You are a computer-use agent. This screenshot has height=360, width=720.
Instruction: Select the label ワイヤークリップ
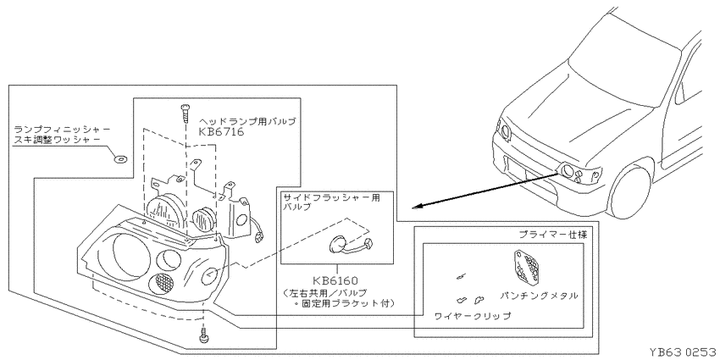[x=473, y=315]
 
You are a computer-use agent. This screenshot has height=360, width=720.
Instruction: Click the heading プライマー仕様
[x=552, y=234]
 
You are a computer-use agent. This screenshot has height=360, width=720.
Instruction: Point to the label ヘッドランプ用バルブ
[x=247, y=122]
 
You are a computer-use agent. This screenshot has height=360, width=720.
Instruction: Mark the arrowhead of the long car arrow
[x=415, y=208]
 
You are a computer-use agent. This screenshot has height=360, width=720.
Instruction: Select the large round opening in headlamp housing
[x=117, y=255]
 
